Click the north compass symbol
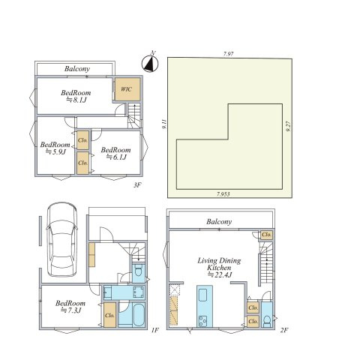coord(150,64)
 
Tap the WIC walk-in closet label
coord(126,89)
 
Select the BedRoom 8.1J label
coord(76,96)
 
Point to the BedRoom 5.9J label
coord(55,148)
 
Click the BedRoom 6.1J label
coord(116,153)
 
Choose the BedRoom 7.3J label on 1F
coord(70,307)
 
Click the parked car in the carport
coord(61,240)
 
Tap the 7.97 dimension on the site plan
coord(229,54)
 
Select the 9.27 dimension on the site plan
coord(288,127)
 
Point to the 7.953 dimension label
coord(223,194)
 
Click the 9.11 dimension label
coord(164,124)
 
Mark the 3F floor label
coord(137,185)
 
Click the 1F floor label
coord(155,330)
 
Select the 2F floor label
coord(284,330)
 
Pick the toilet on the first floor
coord(138,270)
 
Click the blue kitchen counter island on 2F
coord(205,306)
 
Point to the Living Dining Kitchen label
coord(219,268)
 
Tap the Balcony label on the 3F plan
coord(77,69)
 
